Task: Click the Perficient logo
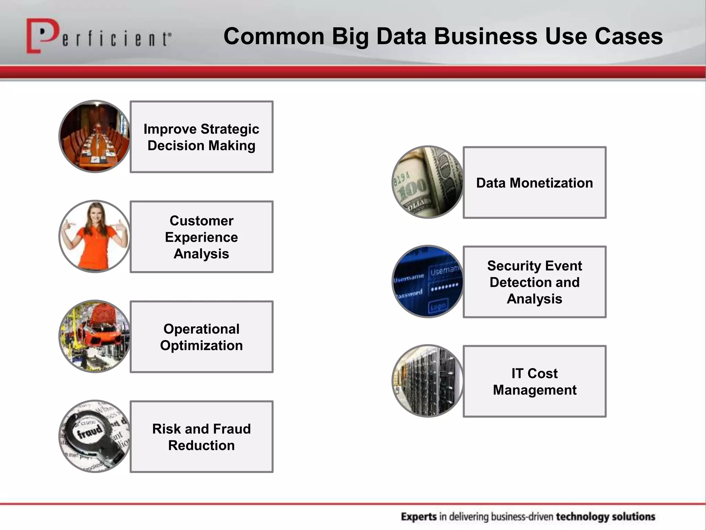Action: (x=98, y=37)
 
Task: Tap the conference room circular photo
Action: (x=95, y=137)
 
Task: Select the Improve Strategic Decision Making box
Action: (x=202, y=137)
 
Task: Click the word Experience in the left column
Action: (x=201, y=237)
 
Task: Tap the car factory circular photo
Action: (x=95, y=336)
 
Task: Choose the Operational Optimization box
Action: (x=202, y=337)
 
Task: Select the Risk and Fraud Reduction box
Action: (x=202, y=437)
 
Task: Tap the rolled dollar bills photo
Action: (x=428, y=183)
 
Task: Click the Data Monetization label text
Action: (x=534, y=183)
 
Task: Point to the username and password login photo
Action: (x=428, y=282)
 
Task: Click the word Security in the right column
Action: (x=509, y=266)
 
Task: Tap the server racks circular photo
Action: (x=428, y=381)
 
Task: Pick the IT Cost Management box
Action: (x=534, y=382)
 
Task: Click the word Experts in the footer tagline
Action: (x=418, y=517)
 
